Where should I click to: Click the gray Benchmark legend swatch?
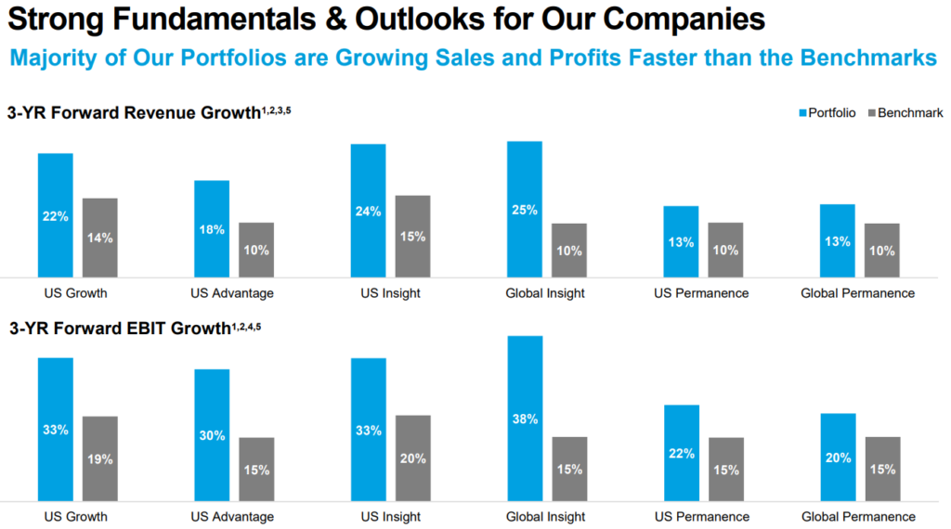click(x=871, y=113)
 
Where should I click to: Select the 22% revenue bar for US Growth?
click(x=56, y=214)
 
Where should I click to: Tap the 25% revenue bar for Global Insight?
click(x=525, y=209)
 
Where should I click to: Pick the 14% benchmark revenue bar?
click(x=100, y=238)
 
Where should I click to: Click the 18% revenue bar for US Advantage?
click(x=212, y=228)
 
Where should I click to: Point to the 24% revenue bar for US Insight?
click(x=369, y=211)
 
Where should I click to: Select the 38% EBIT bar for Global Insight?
click(x=525, y=419)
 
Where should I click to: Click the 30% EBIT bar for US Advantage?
click(x=212, y=435)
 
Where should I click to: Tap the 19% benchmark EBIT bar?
click(x=100, y=458)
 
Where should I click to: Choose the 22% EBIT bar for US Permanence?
click(x=681, y=453)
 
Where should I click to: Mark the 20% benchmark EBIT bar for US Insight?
click(x=413, y=458)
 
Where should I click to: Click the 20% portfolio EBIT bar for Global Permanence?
click(x=838, y=457)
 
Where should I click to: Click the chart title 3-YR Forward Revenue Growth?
click(x=134, y=113)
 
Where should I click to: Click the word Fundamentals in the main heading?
click(x=184, y=19)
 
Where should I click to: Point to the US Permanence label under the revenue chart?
click(x=702, y=293)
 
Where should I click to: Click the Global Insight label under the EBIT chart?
click(x=545, y=516)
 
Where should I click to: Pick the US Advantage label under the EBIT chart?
click(x=232, y=516)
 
